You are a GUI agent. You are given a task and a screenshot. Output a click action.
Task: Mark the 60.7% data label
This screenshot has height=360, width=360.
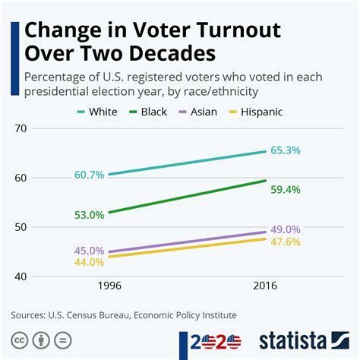click(x=90, y=175)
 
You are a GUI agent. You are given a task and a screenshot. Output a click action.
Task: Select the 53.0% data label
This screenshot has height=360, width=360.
click(x=90, y=215)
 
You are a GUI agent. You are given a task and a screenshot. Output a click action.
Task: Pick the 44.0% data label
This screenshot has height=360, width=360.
click(x=90, y=262)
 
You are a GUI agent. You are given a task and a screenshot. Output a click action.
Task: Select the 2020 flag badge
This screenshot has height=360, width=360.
click(x=215, y=340)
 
